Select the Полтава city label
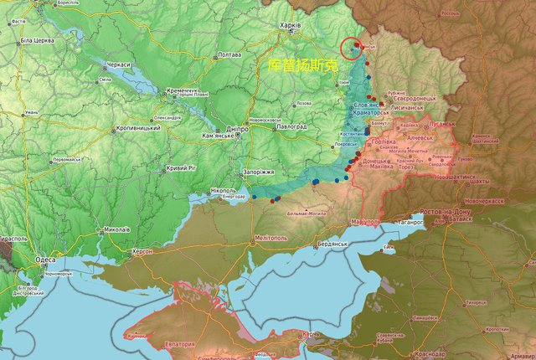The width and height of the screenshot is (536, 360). point(229,55)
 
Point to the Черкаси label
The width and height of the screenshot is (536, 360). point(118,64)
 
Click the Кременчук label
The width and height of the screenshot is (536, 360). point(182,90)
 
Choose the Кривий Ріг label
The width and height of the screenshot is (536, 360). point(181,168)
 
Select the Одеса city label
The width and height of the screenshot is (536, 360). point(45,260)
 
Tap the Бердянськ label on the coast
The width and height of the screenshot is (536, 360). point(332,244)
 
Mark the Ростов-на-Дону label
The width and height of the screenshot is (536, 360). point(457,213)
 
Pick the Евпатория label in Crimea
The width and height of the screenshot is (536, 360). point(180,344)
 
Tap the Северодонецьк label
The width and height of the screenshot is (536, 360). point(437,98)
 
